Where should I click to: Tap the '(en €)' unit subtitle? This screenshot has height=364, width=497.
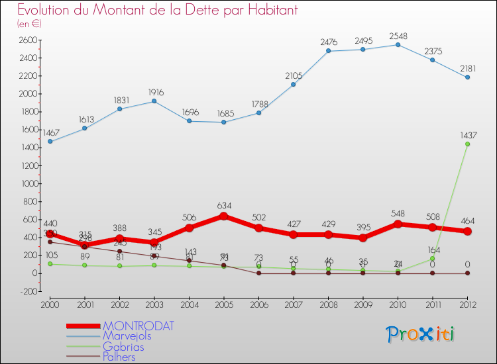[29, 24]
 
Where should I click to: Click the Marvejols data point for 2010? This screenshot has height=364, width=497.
[398, 44]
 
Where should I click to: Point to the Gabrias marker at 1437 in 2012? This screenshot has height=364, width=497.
[467, 144]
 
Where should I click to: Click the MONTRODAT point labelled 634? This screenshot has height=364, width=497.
[223, 216]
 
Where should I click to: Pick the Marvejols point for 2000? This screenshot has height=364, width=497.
[50, 142]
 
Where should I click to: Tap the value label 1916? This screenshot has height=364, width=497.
[154, 93]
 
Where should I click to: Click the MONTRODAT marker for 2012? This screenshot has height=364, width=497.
[467, 231]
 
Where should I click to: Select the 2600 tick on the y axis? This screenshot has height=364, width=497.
[27, 40]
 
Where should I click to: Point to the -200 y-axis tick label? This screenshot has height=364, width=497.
[27, 291]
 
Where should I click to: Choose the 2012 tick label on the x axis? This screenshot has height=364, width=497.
[467, 304]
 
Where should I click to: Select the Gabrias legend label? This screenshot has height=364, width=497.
[123, 347]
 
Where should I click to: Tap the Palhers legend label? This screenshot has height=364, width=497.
[119, 357]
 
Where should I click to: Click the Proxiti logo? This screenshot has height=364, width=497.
[421, 334]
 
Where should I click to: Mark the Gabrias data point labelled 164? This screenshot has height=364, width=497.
[432, 258]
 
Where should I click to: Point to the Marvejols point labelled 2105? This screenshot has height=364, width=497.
[293, 84]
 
